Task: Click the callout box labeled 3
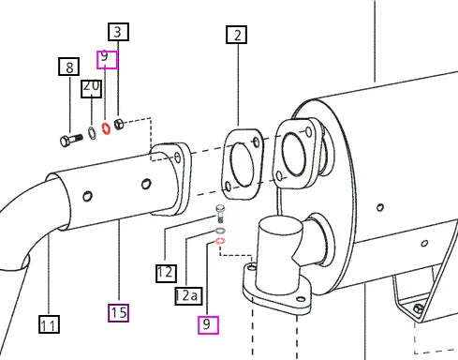click(x=118, y=32)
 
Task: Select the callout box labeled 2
click(x=237, y=35)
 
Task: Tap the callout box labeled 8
click(x=69, y=67)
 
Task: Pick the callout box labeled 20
click(x=92, y=89)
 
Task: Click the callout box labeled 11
click(x=49, y=324)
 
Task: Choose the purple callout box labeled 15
click(x=118, y=313)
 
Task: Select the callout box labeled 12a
click(x=188, y=295)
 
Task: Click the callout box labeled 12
click(x=166, y=274)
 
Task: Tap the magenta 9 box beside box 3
click(x=107, y=60)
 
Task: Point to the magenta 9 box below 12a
click(x=208, y=325)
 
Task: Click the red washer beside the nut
click(x=107, y=128)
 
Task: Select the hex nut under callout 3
click(x=119, y=124)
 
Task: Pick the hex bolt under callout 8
click(x=71, y=141)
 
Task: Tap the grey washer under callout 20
click(x=92, y=133)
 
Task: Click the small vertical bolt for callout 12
click(x=220, y=213)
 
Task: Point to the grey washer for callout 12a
click(x=220, y=231)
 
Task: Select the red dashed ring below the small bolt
click(x=220, y=241)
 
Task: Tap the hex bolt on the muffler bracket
click(x=418, y=308)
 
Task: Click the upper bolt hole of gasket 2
click(x=257, y=142)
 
